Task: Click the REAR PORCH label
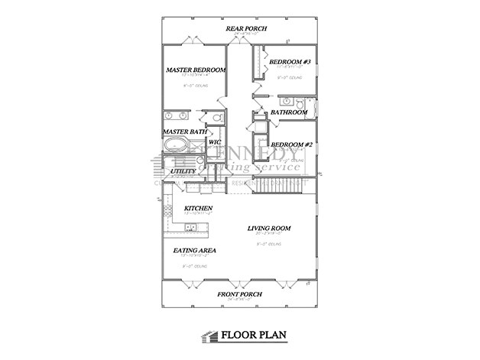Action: (244, 29)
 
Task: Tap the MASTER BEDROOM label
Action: (196, 70)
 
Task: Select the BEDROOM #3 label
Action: (290, 61)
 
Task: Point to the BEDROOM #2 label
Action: (289, 144)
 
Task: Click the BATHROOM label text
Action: (289, 112)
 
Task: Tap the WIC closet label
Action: (215, 141)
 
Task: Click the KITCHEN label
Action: (198, 208)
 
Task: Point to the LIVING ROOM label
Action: (272, 229)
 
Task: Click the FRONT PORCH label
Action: (239, 294)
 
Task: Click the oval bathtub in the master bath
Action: (177, 144)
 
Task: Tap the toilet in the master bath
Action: (217, 118)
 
